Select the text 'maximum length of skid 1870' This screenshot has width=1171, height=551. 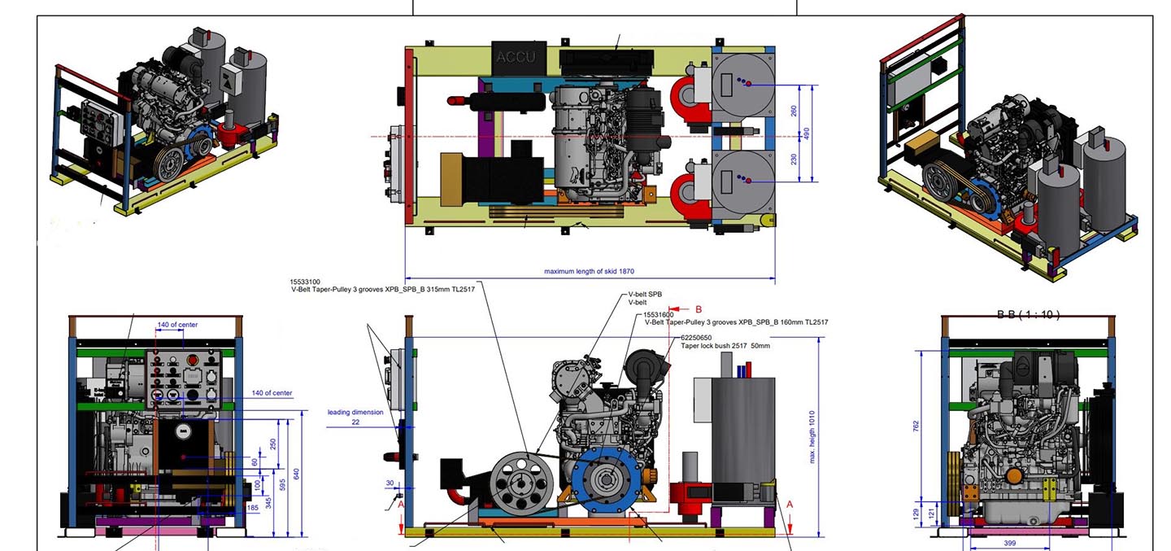(589, 271)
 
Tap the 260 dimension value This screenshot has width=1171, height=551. (794, 111)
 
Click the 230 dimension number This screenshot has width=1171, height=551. (794, 160)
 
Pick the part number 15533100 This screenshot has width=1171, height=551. (305, 282)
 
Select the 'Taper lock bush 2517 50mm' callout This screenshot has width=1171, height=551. (725, 346)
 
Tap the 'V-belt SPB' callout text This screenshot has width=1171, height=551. (645, 295)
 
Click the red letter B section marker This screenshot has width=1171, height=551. (698, 309)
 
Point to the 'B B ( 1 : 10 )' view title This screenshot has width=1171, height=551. (1028, 314)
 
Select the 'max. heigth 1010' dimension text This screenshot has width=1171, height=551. (812, 437)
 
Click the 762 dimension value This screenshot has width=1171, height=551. (916, 426)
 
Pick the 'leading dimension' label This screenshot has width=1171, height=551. (355, 412)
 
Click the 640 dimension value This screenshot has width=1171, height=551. (296, 474)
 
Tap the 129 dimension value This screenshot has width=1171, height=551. (916, 513)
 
